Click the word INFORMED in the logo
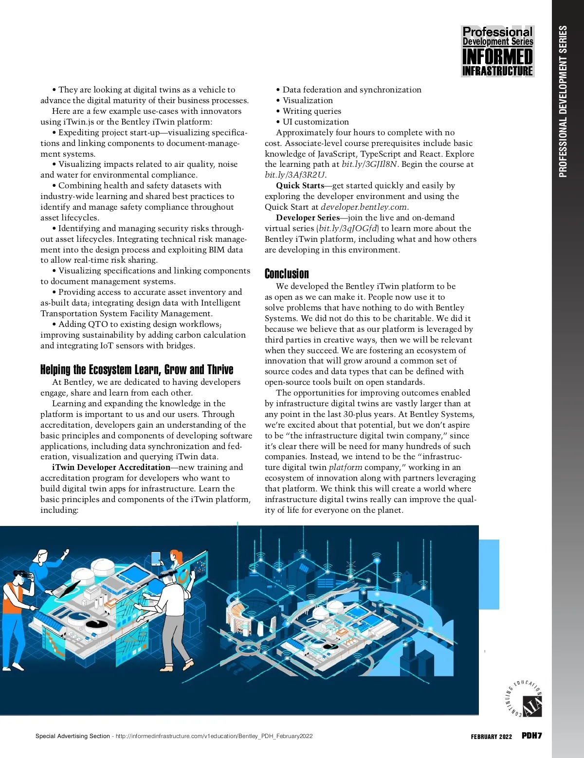tap(497, 57)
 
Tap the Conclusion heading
tap(287, 273)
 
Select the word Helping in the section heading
tap(55, 370)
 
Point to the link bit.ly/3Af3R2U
tap(295, 175)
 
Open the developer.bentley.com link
tap(364, 207)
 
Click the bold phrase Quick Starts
tap(300, 185)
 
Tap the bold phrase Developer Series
tap(308, 217)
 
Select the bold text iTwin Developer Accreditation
tap(111, 467)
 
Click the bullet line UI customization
tap(315, 122)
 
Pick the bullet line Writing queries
tap(311, 111)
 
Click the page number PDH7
tap(531, 736)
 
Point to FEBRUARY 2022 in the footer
tap(491, 737)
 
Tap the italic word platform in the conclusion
tap(346, 467)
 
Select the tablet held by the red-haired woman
tap(156, 558)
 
